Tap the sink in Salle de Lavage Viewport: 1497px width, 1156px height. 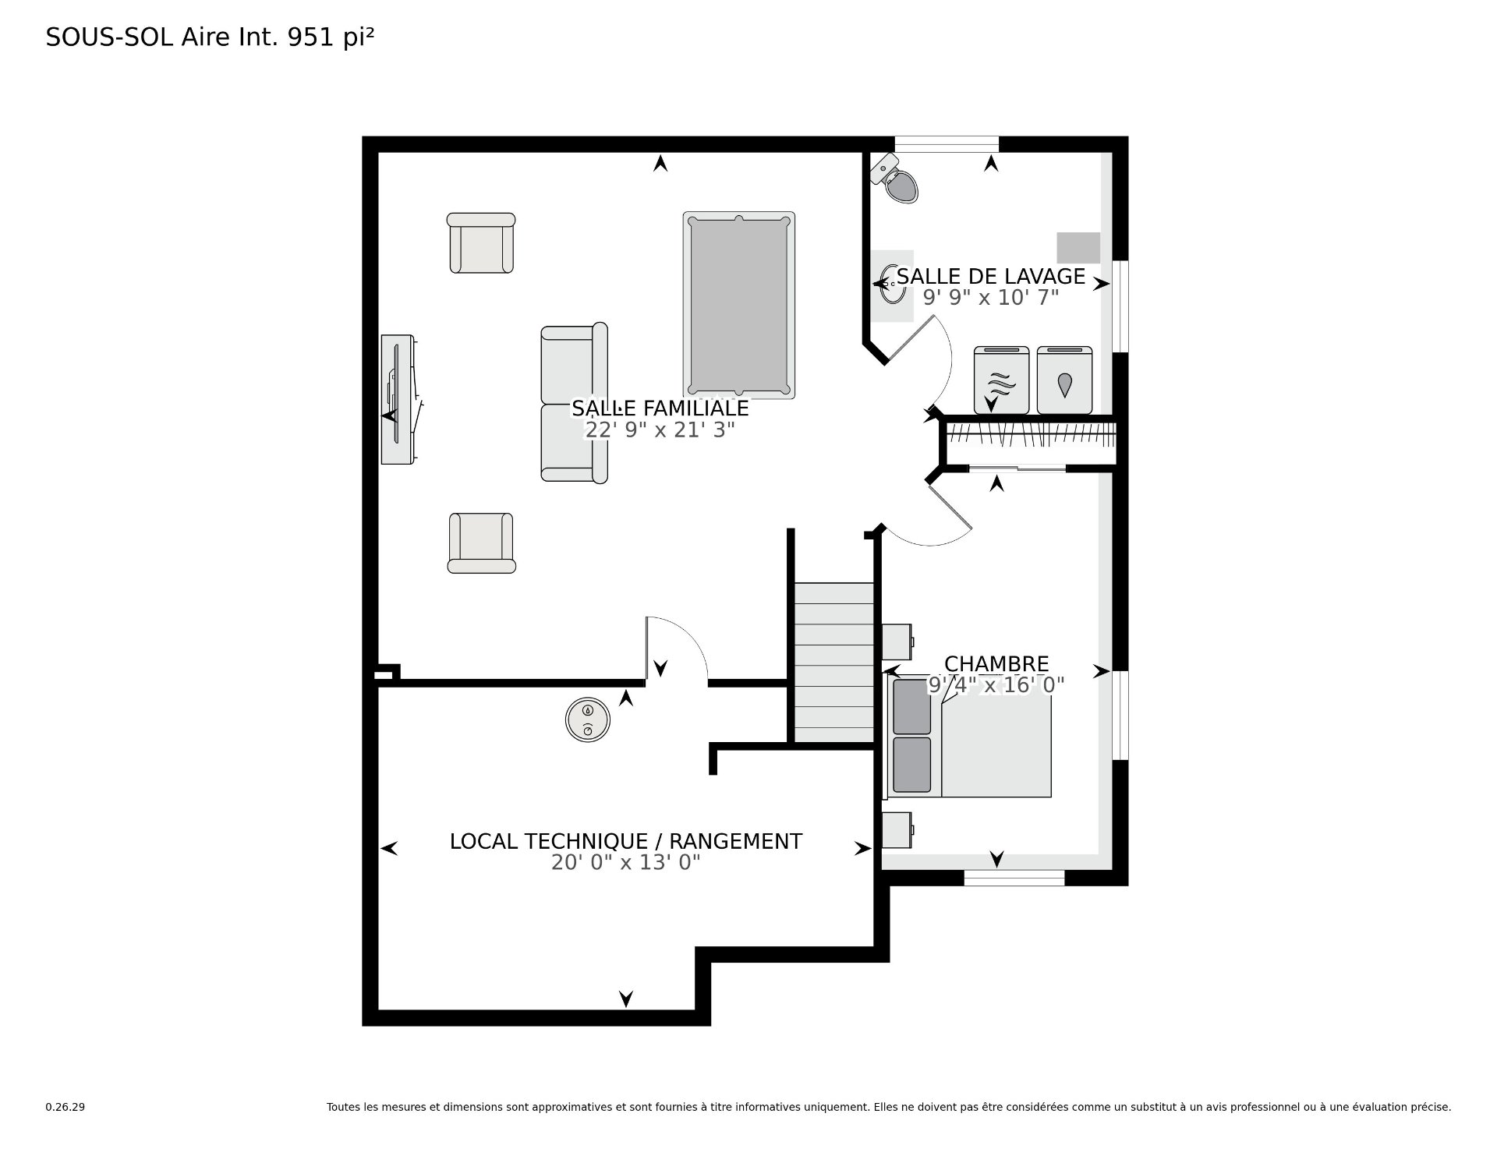tap(893, 285)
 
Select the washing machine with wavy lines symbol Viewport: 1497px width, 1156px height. tap(1002, 380)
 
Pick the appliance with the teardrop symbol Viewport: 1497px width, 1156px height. tap(1064, 380)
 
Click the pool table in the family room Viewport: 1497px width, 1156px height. tap(739, 305)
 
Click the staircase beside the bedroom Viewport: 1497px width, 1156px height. tap(833, 663)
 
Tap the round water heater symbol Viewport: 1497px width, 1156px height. tap(587, 718)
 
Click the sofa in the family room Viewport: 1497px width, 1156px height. tap(575, 403)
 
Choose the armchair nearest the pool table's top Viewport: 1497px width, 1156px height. tap(481, 242)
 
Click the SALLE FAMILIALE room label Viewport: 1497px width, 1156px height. tap(660, 408)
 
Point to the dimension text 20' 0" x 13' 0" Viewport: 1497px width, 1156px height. tap(626, 863)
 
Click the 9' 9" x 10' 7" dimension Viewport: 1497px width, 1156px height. tap(991, 297)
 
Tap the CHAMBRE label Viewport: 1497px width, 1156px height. tap(996, 664)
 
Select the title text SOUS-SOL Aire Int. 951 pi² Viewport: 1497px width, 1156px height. tap(211, 37)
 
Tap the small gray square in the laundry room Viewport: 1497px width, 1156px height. tap(1078, 248)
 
